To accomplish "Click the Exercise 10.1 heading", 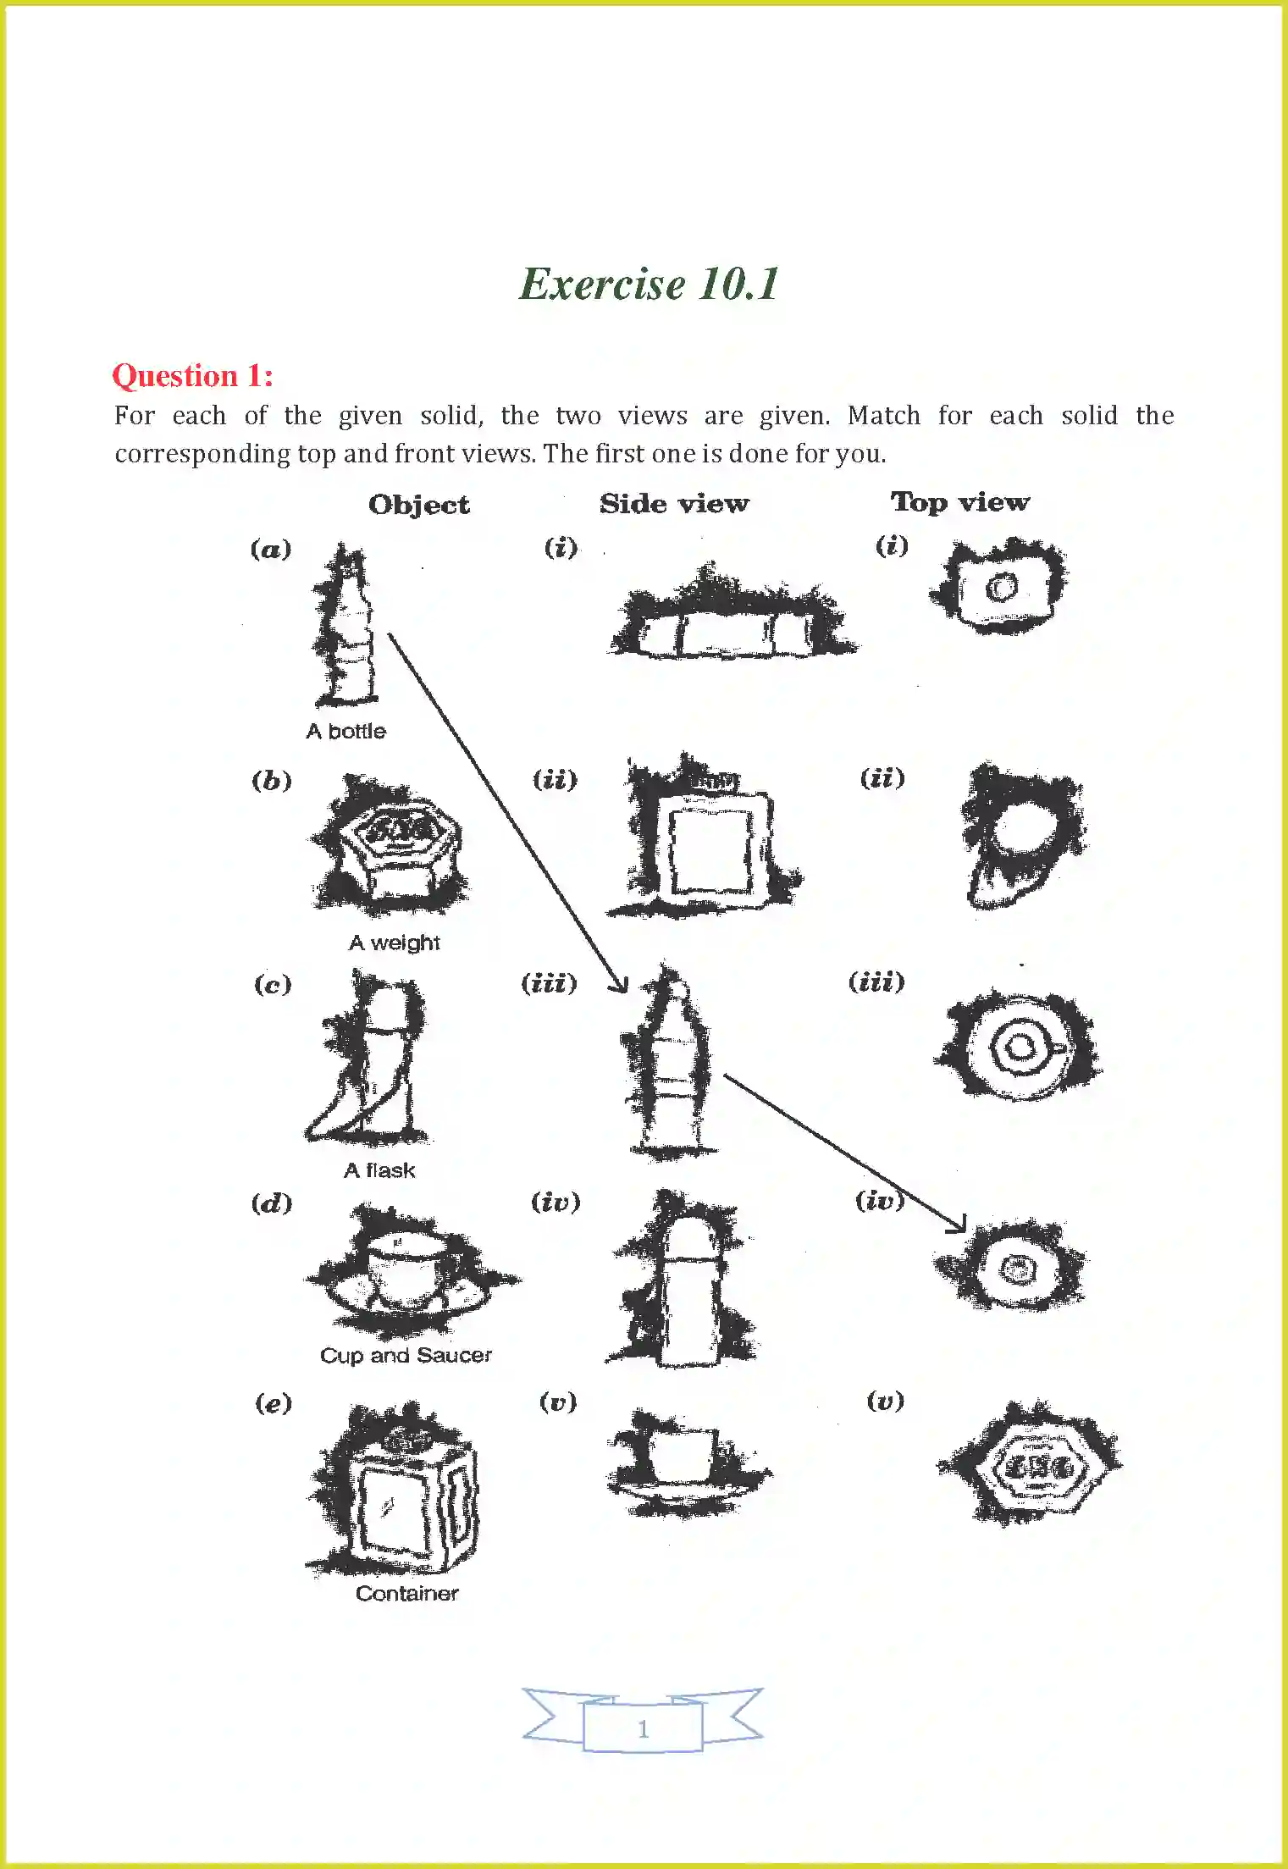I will [649, 284].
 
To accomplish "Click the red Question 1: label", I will [192, 375].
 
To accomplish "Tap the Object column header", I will [418, 505].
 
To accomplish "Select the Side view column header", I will [674, 503].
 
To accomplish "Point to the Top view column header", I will [959, 501].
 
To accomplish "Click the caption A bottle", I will [345, 731].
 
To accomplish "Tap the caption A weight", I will [394, 942].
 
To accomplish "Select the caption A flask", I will [379, 1170].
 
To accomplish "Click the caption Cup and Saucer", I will [406, 1354].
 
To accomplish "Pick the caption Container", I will [406, 1592].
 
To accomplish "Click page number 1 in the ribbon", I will [643, 1728].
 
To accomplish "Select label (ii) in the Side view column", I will [555, 778].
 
